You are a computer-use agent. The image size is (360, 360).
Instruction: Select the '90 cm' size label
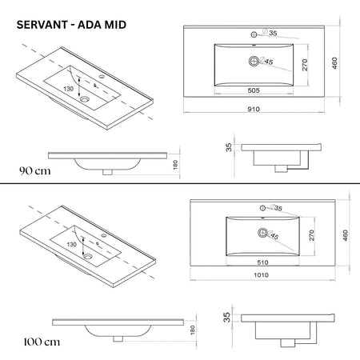click(35, 170)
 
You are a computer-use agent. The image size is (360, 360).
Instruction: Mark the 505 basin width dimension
click(255, 90)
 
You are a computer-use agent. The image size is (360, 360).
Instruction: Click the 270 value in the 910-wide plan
click(305, 65)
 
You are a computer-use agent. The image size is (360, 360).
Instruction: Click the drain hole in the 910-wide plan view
click(255, 61)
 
